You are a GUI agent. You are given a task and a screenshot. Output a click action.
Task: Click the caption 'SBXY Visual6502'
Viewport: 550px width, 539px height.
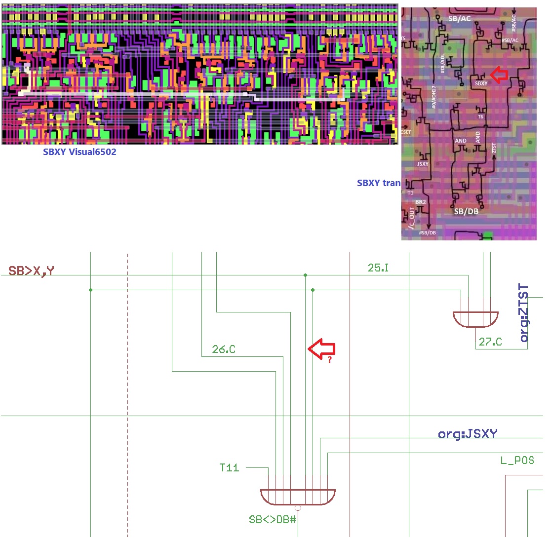coord(80,152)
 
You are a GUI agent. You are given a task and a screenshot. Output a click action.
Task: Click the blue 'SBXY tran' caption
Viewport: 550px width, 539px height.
coord(379,183)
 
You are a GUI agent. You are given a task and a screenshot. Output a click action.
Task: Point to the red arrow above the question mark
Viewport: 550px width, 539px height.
coord(321,348)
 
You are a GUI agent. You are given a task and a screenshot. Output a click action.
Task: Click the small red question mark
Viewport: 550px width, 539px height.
coord(329,360)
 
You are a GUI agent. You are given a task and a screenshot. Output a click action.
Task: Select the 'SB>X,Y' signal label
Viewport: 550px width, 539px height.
coord(31,270)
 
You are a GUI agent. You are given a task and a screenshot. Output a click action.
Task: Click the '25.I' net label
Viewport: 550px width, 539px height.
coord(379,268)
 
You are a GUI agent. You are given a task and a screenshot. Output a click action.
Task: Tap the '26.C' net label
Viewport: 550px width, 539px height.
coord(224,349)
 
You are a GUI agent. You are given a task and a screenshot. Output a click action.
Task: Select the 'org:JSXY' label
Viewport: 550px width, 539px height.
coord(468,434)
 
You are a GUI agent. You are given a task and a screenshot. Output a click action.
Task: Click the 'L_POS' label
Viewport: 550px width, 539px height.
coord(517,461)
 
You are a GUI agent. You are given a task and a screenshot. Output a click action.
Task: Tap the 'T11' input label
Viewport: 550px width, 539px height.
coord(229,467)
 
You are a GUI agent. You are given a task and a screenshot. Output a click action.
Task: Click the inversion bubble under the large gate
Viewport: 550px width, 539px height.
coord(298,508)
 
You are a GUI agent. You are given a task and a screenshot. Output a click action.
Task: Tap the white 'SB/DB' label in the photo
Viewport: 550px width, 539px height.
coord(466,211)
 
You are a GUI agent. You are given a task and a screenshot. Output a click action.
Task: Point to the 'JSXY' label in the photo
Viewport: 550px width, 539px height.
coord(423,164)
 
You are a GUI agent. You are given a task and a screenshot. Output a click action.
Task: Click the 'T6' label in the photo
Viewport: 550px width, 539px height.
coord(481,116)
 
